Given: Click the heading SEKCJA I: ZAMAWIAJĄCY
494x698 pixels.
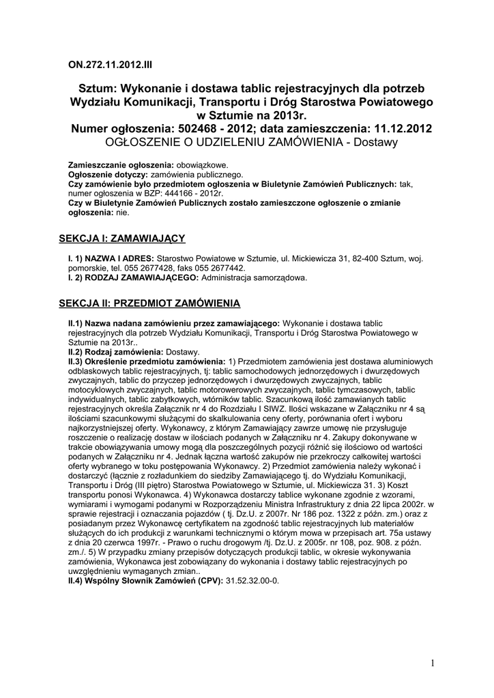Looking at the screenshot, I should (x=122, y=238).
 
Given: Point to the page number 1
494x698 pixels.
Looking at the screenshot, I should (x=433, y=663).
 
